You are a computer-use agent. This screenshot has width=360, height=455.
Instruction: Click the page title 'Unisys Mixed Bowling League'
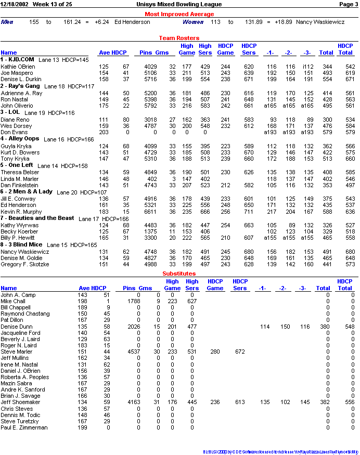click(x=179, y=4)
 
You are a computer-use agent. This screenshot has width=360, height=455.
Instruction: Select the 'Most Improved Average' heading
click(x=179, y=14)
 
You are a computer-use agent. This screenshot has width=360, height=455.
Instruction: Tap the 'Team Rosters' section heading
click(x=179, y=38)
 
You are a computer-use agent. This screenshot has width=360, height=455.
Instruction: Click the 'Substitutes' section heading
click(x=179, y=273)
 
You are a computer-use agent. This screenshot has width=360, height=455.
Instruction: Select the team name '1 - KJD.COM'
click(x=17, y=60)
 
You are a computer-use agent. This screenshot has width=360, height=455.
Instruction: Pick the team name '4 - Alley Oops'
click(x=20, y=139)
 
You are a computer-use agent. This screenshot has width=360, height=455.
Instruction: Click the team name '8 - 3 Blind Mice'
click(x=21, y=244)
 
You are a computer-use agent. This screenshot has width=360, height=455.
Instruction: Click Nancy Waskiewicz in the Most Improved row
click(x=320, y=22)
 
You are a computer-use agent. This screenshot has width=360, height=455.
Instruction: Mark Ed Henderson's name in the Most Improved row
click(x=132, y=22)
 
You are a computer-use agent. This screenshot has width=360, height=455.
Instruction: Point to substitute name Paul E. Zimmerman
click(x=24, y=427)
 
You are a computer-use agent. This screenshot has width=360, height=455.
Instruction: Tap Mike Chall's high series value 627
click(x=191, y=301)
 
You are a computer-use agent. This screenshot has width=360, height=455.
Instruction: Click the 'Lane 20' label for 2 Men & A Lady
click(x=67, y=192)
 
